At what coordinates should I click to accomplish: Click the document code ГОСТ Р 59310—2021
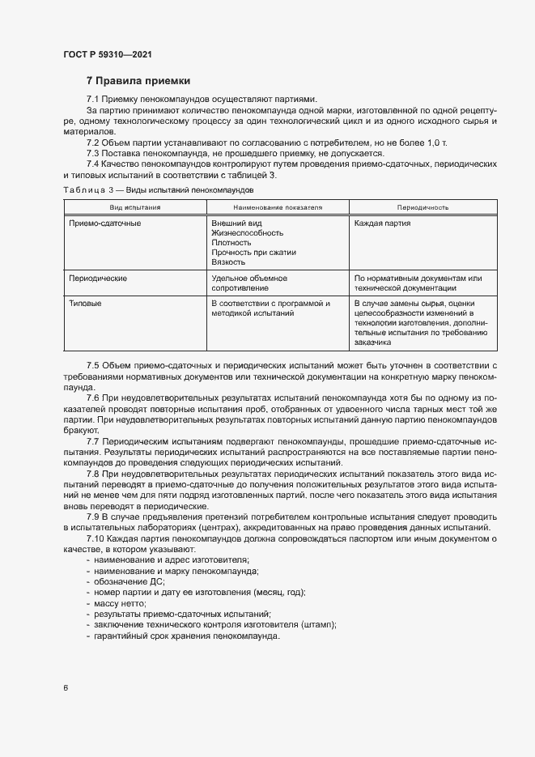click(108, 55)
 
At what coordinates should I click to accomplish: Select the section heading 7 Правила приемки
click(138, 81)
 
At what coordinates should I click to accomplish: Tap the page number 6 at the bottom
click(66, 687)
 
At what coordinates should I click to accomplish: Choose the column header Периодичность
click(422, 208)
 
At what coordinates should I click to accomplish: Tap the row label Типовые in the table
click(86, 304)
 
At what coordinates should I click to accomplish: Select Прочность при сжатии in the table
click(253, 253)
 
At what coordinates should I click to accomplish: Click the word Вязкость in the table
click(228, 262)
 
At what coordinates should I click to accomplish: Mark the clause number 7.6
click(93, 400)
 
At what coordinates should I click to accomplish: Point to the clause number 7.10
click(95, 538)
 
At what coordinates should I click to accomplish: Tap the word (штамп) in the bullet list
click(319, 624)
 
